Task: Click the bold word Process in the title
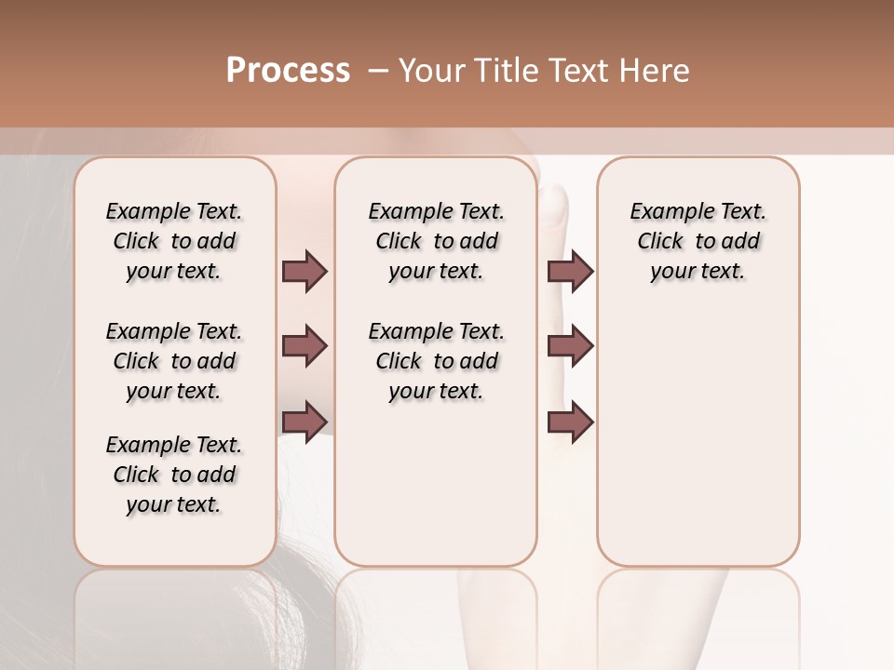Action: point(288,71)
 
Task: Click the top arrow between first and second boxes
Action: point(305,271)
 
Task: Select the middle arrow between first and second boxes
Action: point(305,346)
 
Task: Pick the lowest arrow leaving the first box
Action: point(305,422)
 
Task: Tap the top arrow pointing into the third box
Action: point(570,271)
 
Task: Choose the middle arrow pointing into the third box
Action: point(570,346)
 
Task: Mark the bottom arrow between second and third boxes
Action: point(570,422)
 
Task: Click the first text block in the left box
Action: point(174,241)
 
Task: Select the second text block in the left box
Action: point(174,361)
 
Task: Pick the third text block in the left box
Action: point(174,475)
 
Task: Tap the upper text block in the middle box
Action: point(436,241)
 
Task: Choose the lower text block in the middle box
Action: point(436,361)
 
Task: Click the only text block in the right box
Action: point(698,241)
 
